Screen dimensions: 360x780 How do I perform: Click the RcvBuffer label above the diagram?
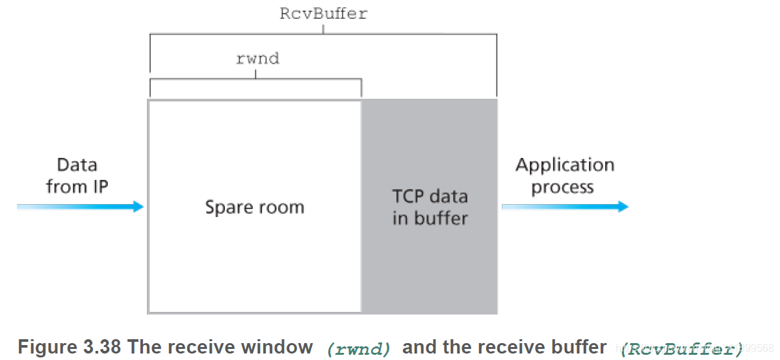click(x=323, y=14)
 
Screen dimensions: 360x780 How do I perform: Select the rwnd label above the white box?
click(x=257, y=58)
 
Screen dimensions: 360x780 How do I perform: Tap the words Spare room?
click(x=254, y=207)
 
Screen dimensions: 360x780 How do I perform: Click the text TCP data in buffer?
click(x=430, y=207)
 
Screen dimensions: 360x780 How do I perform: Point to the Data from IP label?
click(x=77, y=175)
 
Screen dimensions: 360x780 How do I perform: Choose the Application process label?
click(x=564, y=176)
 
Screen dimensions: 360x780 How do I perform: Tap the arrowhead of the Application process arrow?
click(x=623, y=207)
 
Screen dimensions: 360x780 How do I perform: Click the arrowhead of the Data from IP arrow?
click(x=137, y=207)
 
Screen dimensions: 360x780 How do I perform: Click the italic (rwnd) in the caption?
click(x=359, y=349)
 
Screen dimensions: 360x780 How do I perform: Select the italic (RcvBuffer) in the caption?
click(x=681, y=349)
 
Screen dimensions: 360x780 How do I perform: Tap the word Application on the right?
click(x=564, y=165)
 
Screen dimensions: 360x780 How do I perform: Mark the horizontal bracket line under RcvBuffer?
click(x=323, y=34)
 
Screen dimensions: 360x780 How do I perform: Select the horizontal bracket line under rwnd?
click(x=255, y=79)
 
